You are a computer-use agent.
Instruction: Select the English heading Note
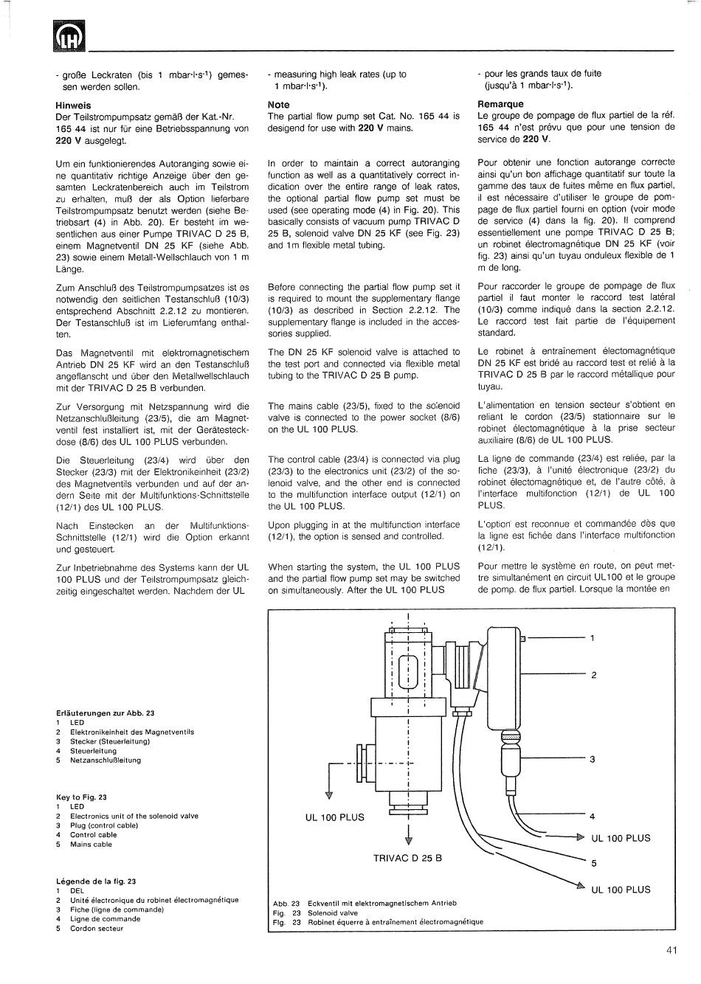(x=279, y=105)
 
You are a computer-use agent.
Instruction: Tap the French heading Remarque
(x=500, y=104)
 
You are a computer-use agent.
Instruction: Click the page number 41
(x=671, y=951)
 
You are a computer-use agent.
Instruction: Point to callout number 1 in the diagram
(x=592, y=638)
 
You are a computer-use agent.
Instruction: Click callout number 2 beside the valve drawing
(x=593, y=675)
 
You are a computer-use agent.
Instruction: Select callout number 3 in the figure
(x=592, y=759)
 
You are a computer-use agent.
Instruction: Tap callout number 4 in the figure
(x=592, y=817)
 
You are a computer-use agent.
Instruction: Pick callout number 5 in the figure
(x=593, y=863)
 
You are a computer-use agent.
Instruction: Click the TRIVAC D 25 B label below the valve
(x=407, y=858)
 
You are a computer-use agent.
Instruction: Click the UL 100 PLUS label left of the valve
(x=335, y=817)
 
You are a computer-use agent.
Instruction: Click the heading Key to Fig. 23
(x=82, y=797)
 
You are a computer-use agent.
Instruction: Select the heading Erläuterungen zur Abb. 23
(x=106, y=713)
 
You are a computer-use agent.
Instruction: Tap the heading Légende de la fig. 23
(x=96, y=881)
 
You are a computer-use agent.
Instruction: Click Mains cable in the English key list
(x=91, y=845)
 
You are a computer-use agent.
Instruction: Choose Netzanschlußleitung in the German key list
(x=106, y=760)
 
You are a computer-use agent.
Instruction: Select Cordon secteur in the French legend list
(x=97, y=929)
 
